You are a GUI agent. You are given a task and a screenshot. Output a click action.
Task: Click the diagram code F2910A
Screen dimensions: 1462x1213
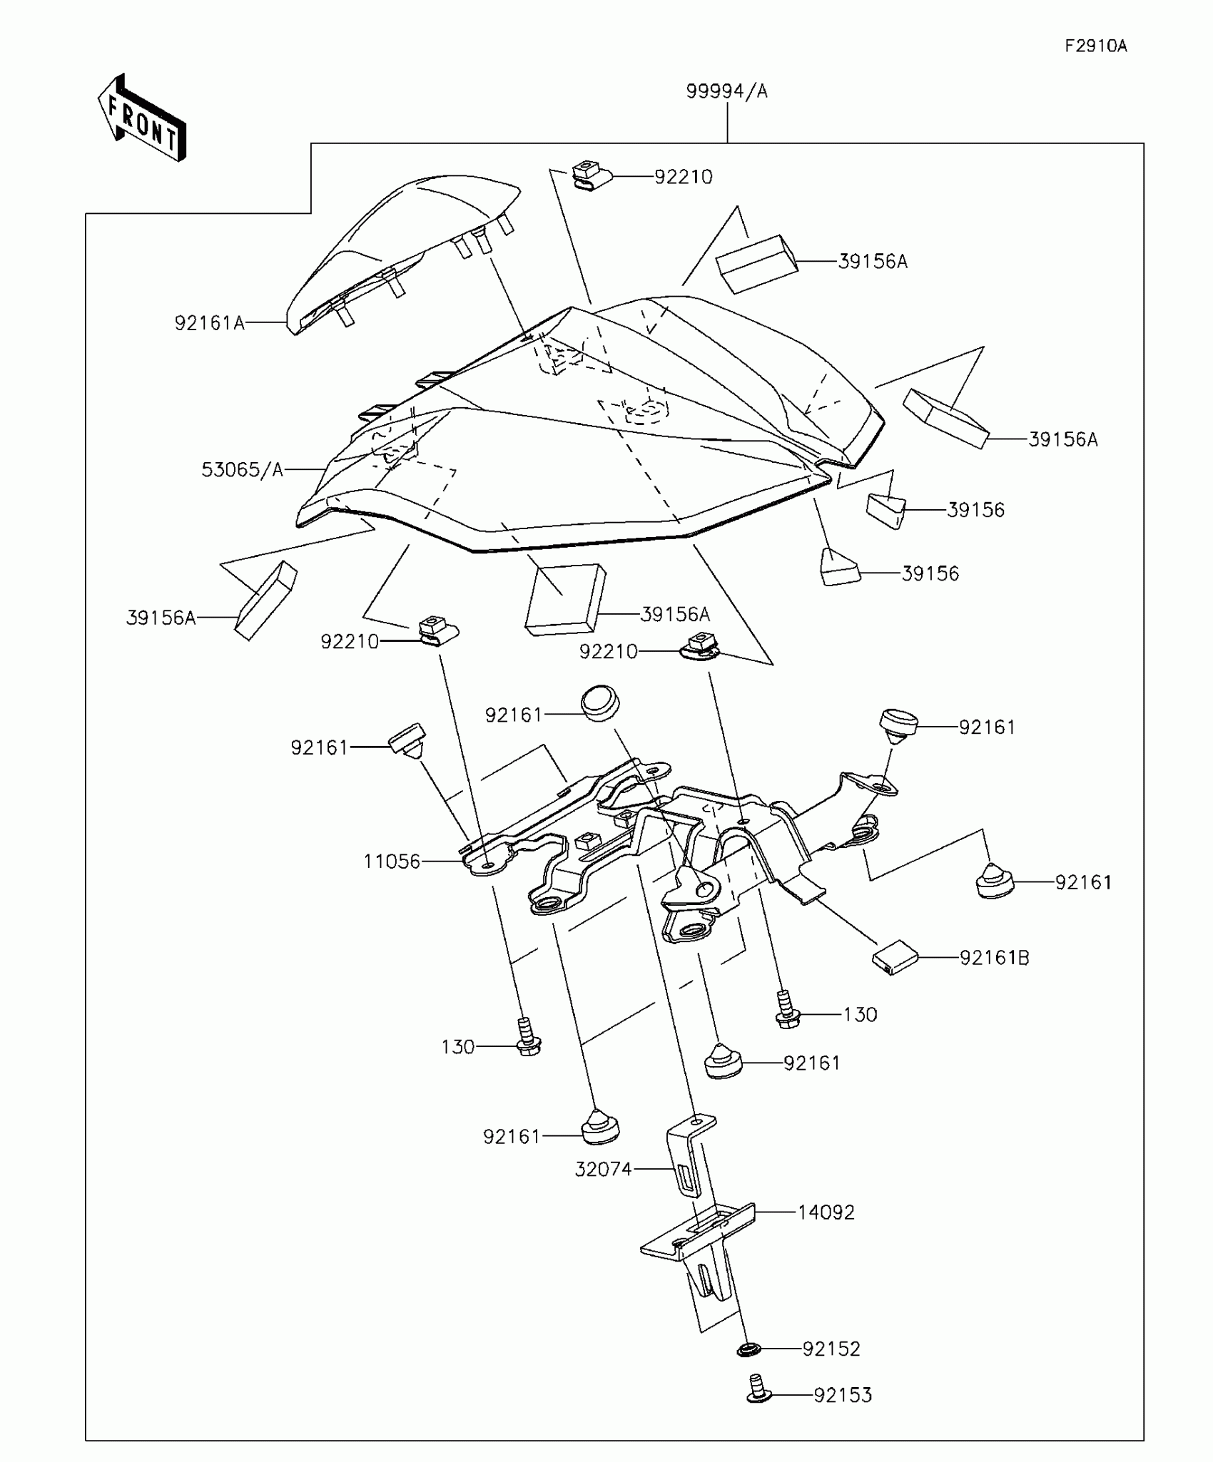[1095, 46]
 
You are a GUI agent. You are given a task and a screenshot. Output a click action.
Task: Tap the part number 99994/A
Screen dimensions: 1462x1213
[726, 91]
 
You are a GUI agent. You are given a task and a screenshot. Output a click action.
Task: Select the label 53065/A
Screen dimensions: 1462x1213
[242, 469]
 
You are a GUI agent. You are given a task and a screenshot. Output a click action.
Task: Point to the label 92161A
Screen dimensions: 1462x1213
[209, 323]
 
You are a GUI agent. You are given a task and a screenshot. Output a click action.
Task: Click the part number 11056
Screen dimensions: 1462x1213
[392, 862]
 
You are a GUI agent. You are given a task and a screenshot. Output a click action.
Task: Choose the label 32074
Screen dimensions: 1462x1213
[603, 1169]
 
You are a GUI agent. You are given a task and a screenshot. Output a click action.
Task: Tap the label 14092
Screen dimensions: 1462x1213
[826, 1212]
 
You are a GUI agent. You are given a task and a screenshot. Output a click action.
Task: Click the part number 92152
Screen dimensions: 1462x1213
[831, 1349]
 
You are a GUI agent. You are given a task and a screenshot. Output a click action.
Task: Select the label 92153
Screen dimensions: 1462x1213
[843, 1395]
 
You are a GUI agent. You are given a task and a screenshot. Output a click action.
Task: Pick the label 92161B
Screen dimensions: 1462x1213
[994, 958]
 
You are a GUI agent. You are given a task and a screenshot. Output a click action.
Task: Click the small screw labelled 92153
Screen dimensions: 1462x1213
[758, 1389]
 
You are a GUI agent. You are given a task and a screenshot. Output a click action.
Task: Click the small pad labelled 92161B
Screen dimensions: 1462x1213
[895, 956]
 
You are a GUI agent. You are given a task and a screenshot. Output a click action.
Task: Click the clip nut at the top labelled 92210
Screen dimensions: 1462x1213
[591, 175]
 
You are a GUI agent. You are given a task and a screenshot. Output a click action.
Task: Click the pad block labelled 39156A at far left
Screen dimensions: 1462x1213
[265, 600]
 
